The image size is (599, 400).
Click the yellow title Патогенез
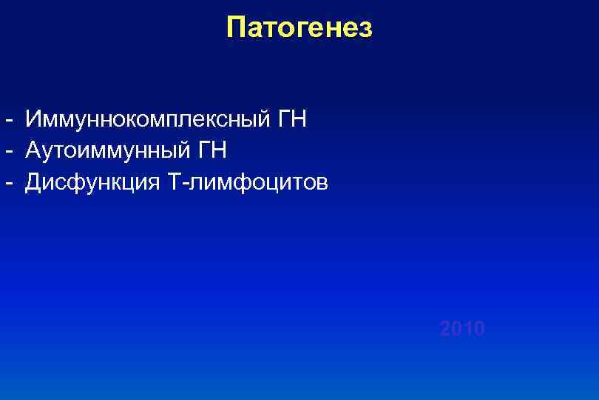(x=299, y=27)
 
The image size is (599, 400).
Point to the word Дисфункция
(x=91, y=182)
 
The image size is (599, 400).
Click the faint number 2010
(x=462, y=328)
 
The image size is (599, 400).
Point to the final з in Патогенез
(x=365, y=30)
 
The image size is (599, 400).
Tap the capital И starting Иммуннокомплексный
(x=34, y=119)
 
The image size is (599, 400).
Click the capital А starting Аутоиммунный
(x=33, y=150)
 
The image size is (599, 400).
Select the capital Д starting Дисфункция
(x=34, y=182)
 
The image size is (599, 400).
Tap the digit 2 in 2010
(x=445, y=328)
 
